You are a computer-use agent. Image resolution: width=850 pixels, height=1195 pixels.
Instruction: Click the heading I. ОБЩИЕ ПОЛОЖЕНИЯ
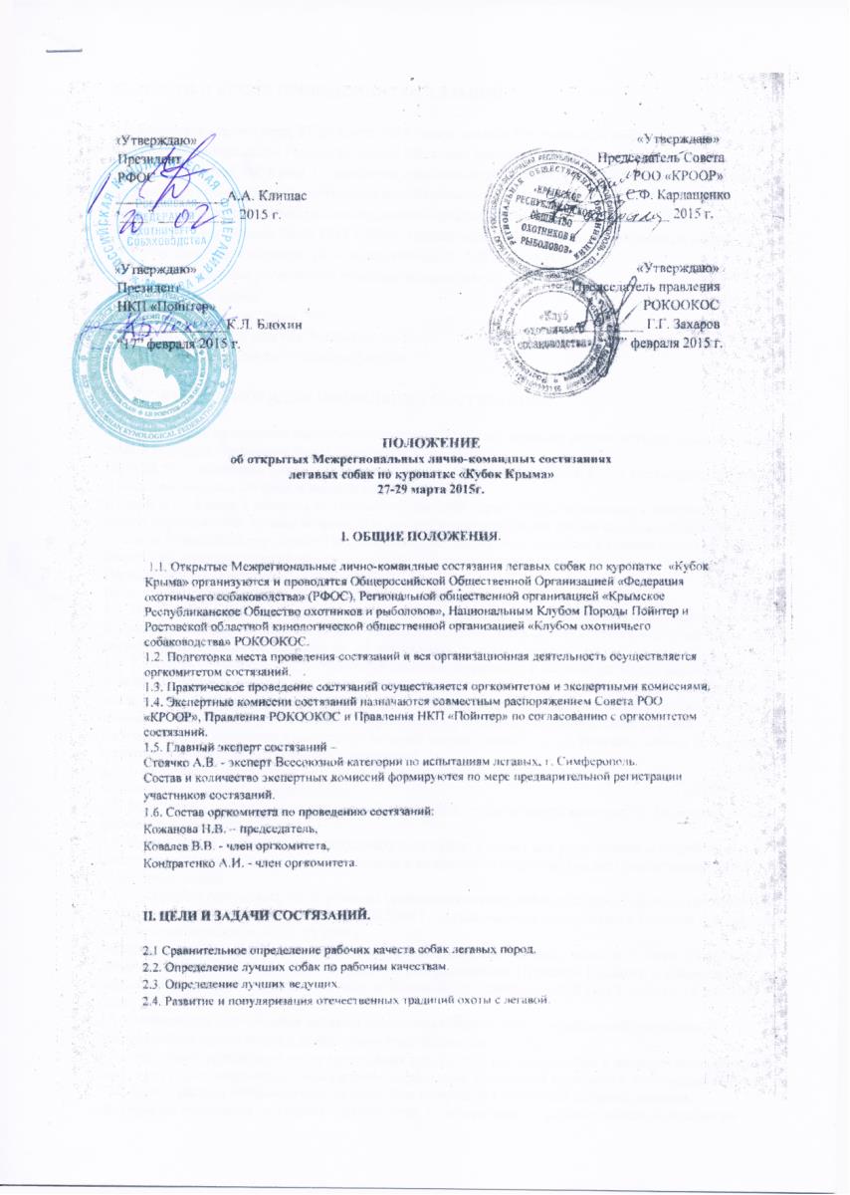(426, 539)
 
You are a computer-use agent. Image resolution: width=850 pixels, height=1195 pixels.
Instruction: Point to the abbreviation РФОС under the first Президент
(132, 175)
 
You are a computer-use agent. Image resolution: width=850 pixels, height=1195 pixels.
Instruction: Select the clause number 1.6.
(154, 813)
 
